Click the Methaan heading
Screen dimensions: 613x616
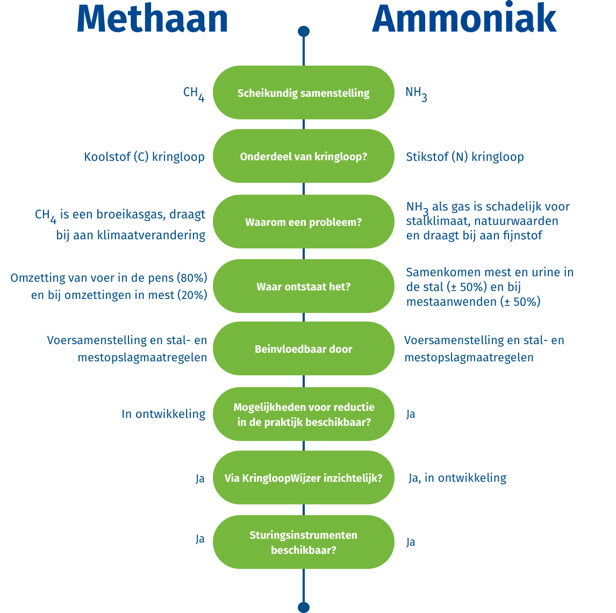[152, 19]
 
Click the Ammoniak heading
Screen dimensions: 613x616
[464, 19]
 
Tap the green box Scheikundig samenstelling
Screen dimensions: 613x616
[303, 92]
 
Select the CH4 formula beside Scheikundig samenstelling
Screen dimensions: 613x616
[194, 93]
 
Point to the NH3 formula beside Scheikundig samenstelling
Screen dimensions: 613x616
[416, 93]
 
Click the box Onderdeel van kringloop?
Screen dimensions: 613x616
[303, 156]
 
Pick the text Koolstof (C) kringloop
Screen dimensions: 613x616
[144, 157]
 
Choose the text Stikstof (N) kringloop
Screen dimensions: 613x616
[464, 157]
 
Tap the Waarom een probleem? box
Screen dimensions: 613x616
[303, 222]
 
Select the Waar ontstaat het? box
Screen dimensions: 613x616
[303, 286]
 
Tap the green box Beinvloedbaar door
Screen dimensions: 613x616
[303, 349]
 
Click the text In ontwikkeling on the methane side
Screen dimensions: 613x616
[163, 414]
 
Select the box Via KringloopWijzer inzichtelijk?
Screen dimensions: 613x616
[303, 477]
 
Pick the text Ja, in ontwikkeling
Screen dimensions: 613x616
[457, 477]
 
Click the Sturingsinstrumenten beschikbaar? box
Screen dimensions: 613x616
[303, 543]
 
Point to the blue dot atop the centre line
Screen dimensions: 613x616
[304, 31]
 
